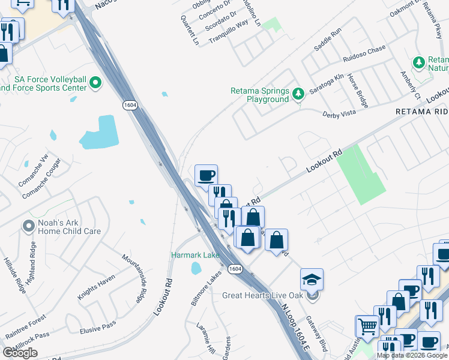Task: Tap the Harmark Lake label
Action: [x=195, y=255]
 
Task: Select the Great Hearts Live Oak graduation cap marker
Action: [x=312, y=280]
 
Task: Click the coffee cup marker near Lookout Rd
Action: [x=206, y=175]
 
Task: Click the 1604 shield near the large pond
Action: [x=130, y=105]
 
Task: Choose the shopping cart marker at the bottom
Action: [x=367, y=327]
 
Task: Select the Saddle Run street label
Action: [x=328, y=40]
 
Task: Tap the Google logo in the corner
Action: [x=20, y=353]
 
